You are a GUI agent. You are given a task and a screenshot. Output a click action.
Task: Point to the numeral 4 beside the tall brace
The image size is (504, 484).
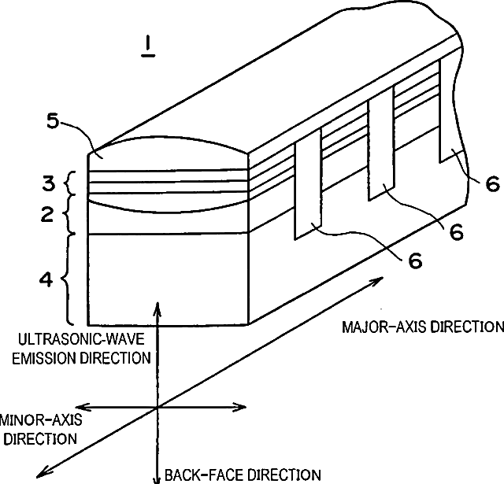46,279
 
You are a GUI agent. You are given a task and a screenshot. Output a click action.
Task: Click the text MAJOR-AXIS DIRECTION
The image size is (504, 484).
422,327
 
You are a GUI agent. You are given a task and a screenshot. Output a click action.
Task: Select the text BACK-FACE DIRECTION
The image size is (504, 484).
243,475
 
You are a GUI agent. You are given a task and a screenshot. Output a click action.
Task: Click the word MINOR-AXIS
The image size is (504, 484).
41,420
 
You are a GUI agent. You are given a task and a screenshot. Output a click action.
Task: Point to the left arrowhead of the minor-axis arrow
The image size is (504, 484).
79,407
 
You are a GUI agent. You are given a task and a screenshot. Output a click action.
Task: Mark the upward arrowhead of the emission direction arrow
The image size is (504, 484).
158,306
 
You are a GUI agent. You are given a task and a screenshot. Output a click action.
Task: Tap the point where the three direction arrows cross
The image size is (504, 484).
158,407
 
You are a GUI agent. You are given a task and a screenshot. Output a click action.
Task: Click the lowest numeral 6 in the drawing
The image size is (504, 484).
414,259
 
